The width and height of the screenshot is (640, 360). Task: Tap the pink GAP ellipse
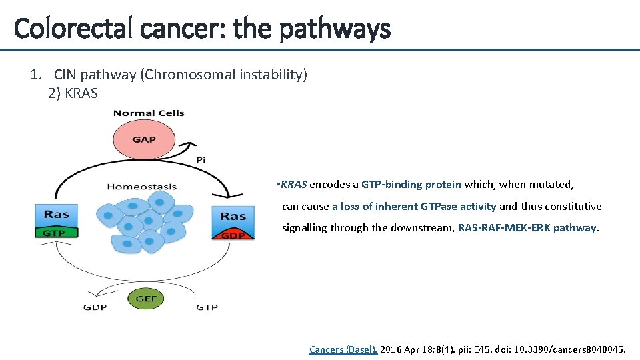[144, 139]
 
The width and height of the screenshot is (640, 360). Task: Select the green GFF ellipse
[147, 299]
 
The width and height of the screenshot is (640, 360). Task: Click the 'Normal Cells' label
[149, 113]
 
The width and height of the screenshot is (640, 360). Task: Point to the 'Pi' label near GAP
[201, 160]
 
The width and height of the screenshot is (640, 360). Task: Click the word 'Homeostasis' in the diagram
[142, 186]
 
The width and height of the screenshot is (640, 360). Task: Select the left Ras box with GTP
[57, 215]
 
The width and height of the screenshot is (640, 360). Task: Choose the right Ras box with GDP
[233, 216]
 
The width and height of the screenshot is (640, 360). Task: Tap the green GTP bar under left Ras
[56, 233]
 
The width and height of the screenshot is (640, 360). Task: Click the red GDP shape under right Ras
[233, 234]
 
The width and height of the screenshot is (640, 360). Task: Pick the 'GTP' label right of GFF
[207, 307]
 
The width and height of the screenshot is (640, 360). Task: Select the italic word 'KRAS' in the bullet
[294, 185]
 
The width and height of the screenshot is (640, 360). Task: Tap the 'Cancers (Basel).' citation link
[343, 349]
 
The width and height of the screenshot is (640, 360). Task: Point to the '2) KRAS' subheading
[73, 93]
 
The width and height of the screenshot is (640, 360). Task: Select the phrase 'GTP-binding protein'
[411, 185]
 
